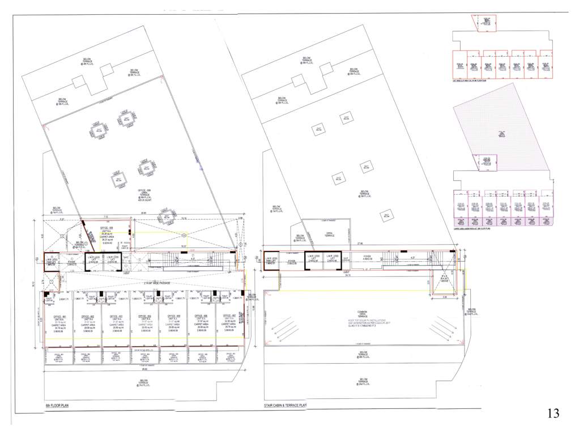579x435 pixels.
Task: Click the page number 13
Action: [553, 413]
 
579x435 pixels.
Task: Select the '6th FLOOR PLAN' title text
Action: [57, 406]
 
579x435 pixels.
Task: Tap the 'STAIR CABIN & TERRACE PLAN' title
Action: [285, 406]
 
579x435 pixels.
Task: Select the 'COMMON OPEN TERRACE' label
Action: [363, 314]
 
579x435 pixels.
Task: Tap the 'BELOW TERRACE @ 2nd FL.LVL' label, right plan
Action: [363, 382]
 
